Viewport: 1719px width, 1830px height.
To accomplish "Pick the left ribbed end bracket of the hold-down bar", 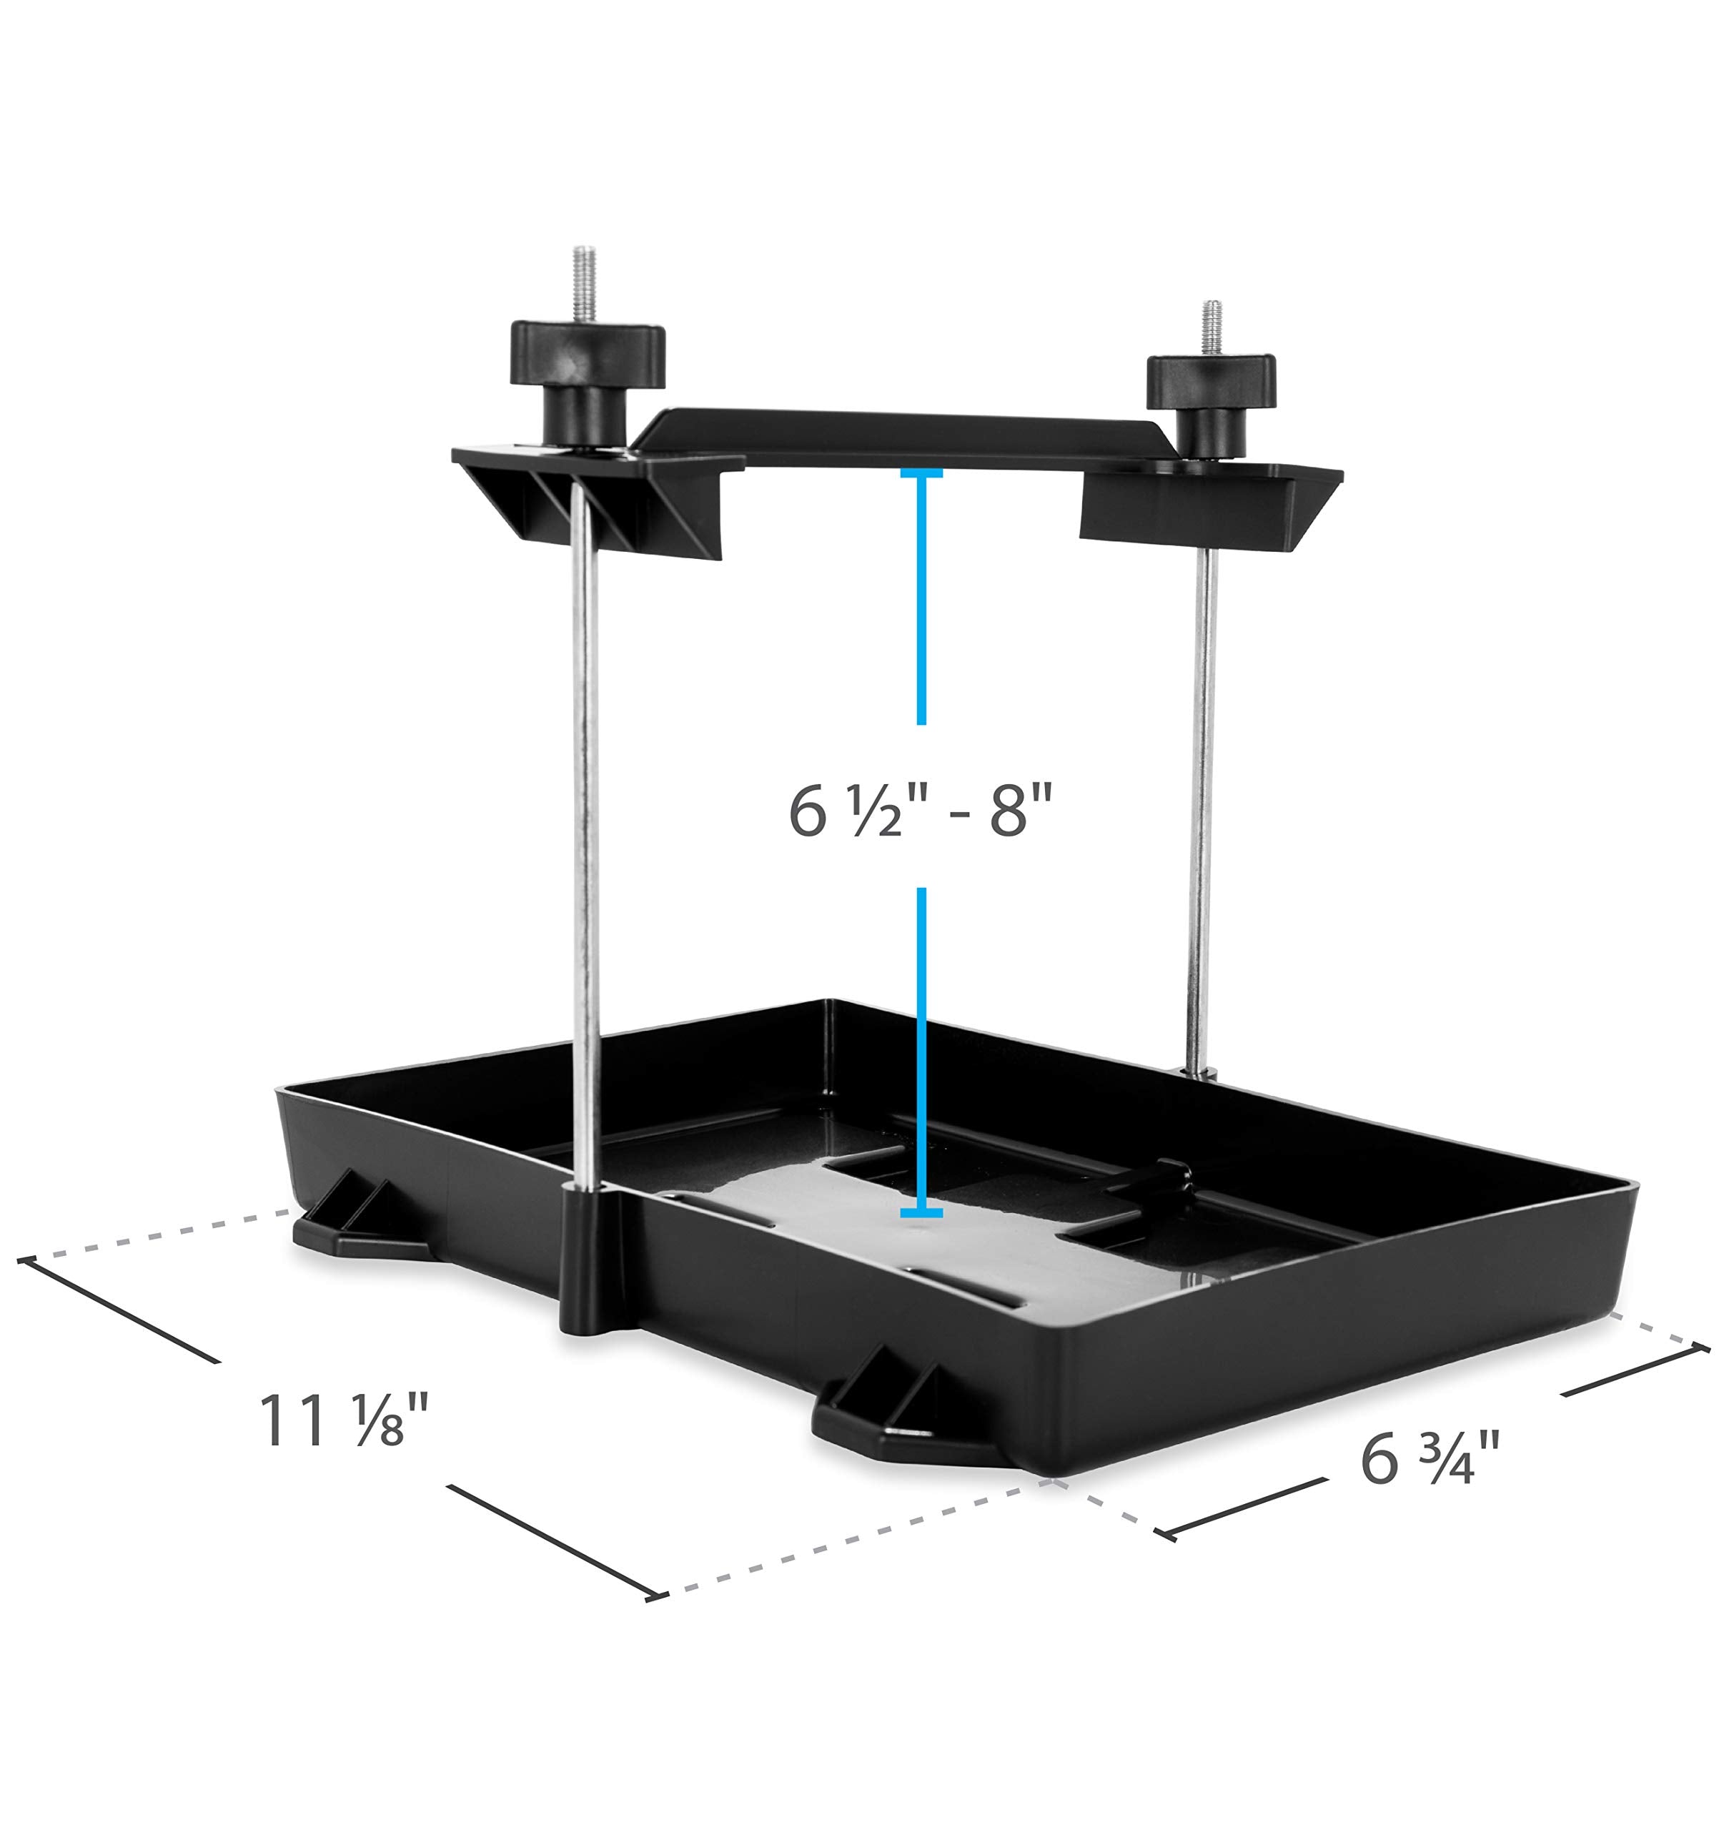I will [589, 506].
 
